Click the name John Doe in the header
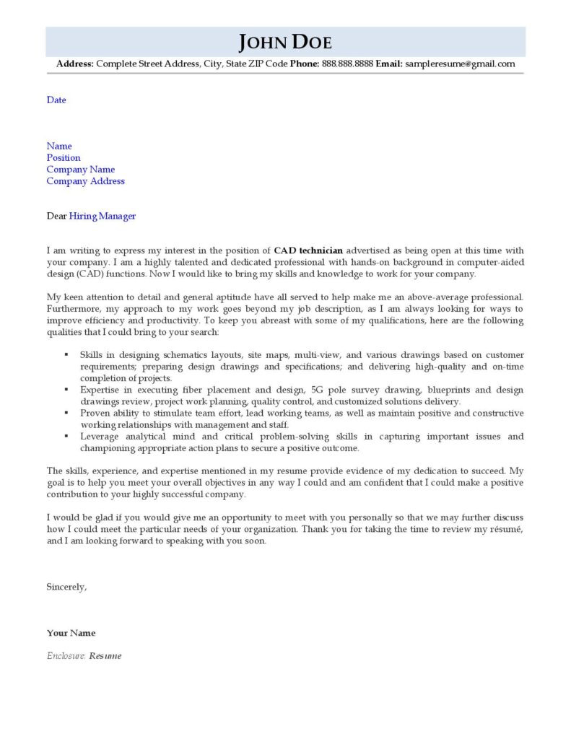285,42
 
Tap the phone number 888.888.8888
346,64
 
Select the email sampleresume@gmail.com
460,64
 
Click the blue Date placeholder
56,100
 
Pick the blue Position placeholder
64,158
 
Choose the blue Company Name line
81,170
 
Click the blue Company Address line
85,181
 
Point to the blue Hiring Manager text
103,216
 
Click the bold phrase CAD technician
308,250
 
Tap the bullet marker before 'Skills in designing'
66,354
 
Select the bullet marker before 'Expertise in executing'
66,389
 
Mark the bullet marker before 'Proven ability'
66,413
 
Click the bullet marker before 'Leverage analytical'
66,436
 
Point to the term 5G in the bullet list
318,390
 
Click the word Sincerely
66,587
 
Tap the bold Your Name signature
71,633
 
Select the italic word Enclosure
66,656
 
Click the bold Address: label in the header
75,64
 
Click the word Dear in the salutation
56,216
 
